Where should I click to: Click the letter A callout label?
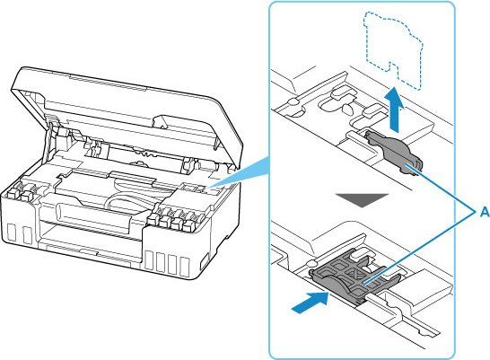click(x=484, y=213)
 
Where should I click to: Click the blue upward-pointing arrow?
click(x=396, y=109)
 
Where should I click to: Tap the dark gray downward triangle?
click(x=362, y=200)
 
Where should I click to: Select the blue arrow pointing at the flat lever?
click(x=311, y=302)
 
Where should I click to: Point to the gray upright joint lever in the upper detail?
click(x=394, y=151)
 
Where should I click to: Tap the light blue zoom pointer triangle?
click(x=239, y=171)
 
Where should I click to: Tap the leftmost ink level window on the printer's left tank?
click(x=12, y=233)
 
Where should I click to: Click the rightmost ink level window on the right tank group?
click(x=185, y=267)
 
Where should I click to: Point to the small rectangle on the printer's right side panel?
click(x=205, y=262)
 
